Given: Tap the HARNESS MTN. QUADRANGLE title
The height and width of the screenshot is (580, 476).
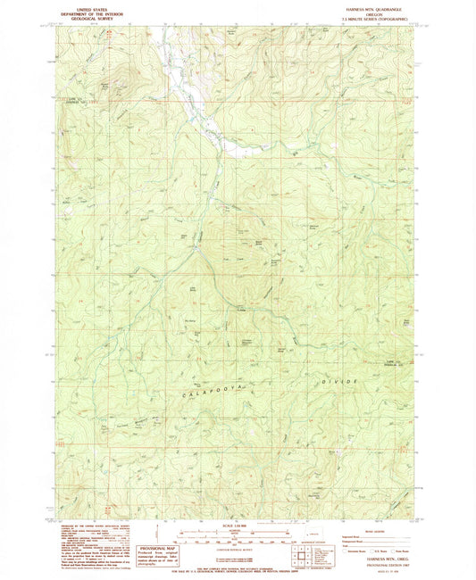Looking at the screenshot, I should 372,6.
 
